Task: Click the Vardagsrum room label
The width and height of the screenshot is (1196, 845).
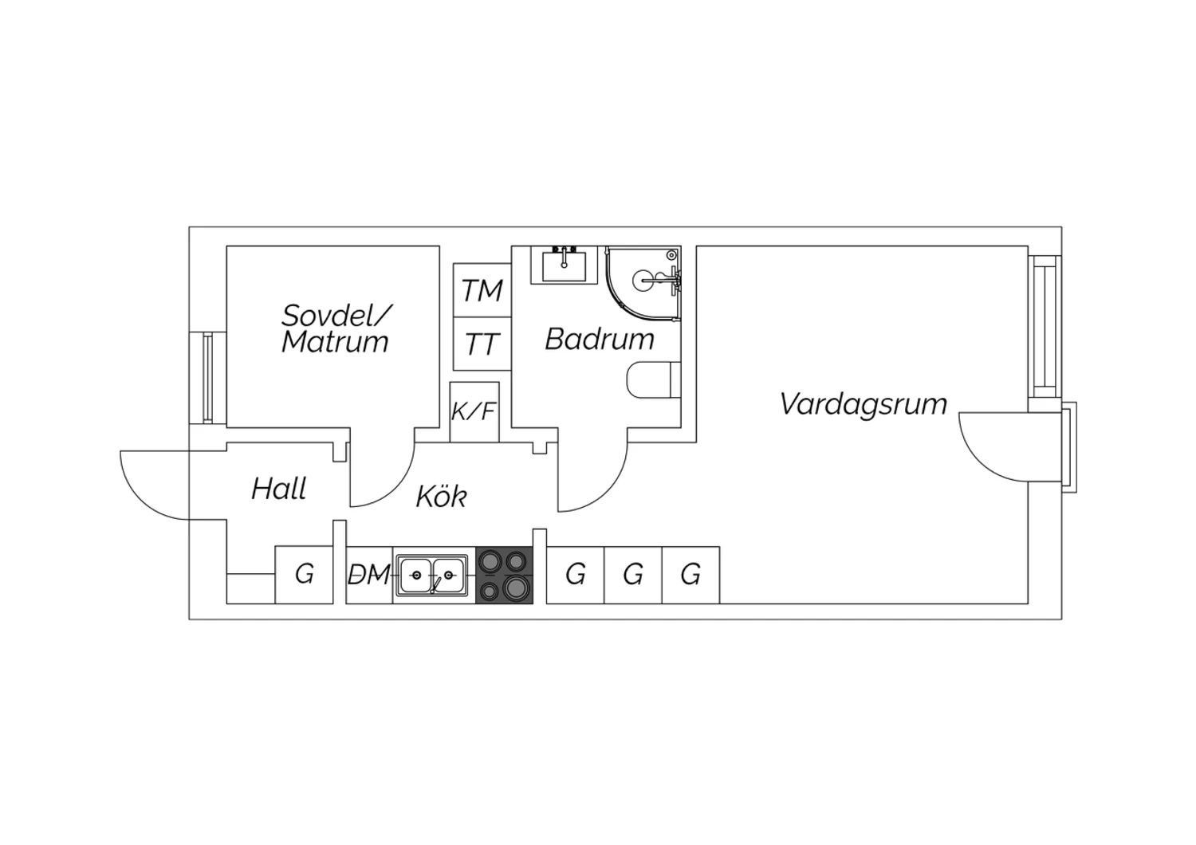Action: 864,404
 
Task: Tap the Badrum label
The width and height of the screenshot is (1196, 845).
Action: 600,340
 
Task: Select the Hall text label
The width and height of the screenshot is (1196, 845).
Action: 279,489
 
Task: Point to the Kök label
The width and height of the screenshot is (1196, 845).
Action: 442,497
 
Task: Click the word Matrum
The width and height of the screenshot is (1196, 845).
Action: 335,342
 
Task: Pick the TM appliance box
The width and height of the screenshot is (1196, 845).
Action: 482,290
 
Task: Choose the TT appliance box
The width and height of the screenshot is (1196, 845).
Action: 482,344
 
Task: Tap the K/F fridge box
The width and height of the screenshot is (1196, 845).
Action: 474,412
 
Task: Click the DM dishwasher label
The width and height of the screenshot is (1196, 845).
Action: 369,576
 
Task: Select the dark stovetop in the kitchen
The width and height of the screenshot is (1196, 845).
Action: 504,576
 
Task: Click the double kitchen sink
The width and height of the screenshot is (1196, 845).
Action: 432,576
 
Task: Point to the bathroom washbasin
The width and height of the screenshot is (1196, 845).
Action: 564,265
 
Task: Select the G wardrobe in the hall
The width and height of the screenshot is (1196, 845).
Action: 304,576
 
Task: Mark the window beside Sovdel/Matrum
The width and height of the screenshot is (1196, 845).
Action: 207,378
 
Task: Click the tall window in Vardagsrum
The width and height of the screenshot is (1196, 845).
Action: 1045,327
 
